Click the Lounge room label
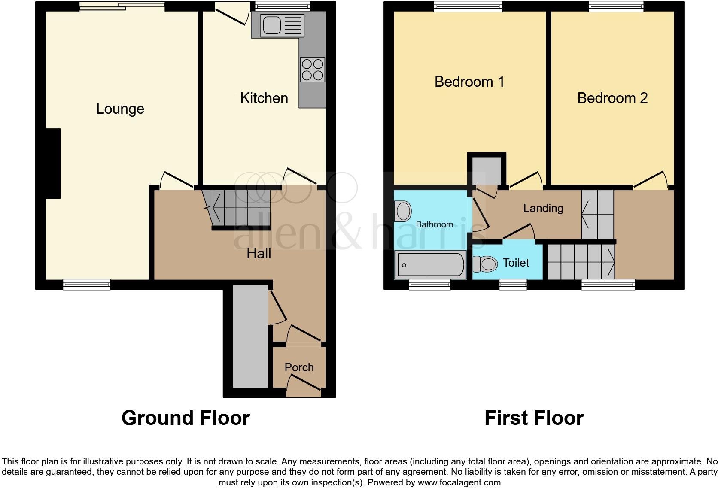click(120, 109)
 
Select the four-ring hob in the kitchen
click(312, 70)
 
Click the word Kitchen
click(264, 98)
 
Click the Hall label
click(259, 254)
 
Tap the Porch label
click(299, 367)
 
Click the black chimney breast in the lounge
click(53, 163)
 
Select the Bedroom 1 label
click(469, 82)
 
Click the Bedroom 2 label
click(612, 98)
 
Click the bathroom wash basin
click(403, 211)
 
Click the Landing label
click(543, 209)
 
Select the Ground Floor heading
click(186, 418)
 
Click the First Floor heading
click(534, 418)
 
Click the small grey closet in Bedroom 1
click(487, 171)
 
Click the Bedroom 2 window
click(616, 6)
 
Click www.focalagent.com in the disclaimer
click(459, 482)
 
